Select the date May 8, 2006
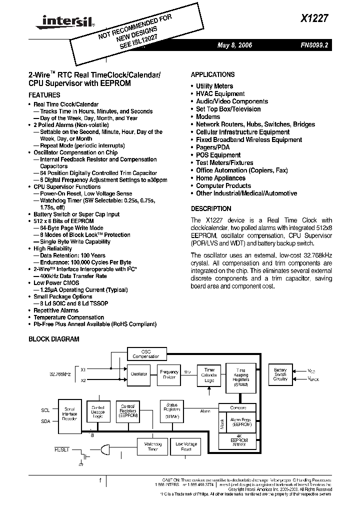(x=234, y=45)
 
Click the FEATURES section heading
(x=44, y=95)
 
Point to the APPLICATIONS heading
(x=212, y=74)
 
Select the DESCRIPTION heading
(x=211, y=209)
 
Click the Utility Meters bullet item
(x=214, y=86)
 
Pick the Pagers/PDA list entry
(x=212, y=147)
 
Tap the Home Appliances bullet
(x=220, y=178)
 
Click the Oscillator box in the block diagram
(x=138, y=373)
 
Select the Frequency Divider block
(x=169, y=374)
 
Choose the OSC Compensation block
(x=146, y=354)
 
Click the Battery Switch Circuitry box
(x=280, y=374)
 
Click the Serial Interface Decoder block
(x=69, y=415)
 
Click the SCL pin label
(x=45, y=410)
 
